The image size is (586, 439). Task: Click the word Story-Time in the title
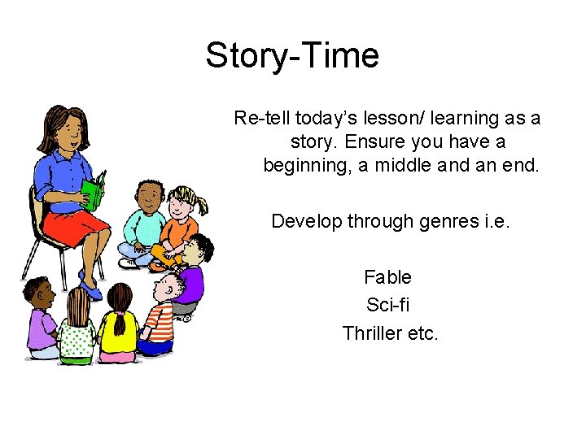pos(291,56)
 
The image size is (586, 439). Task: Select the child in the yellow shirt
pos(119,329)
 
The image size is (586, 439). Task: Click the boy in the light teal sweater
pos(143,224)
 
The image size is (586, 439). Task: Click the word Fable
pos(387,277)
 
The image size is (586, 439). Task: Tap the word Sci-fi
pos(388,305)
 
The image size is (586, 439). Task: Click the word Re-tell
pos(261,118)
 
